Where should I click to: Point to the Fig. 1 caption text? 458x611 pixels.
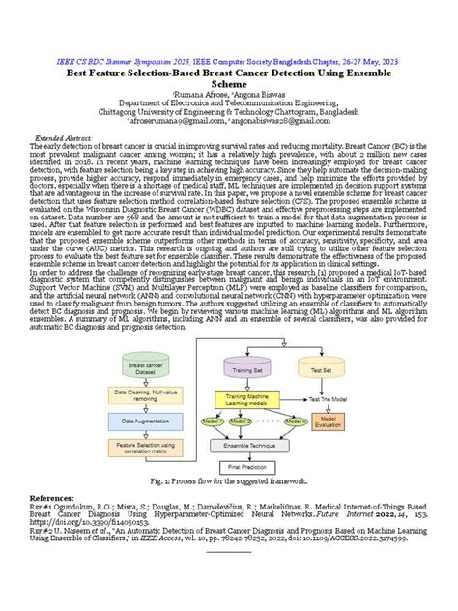tap(229, 481)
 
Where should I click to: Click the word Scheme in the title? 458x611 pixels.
tap(229, 84)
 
